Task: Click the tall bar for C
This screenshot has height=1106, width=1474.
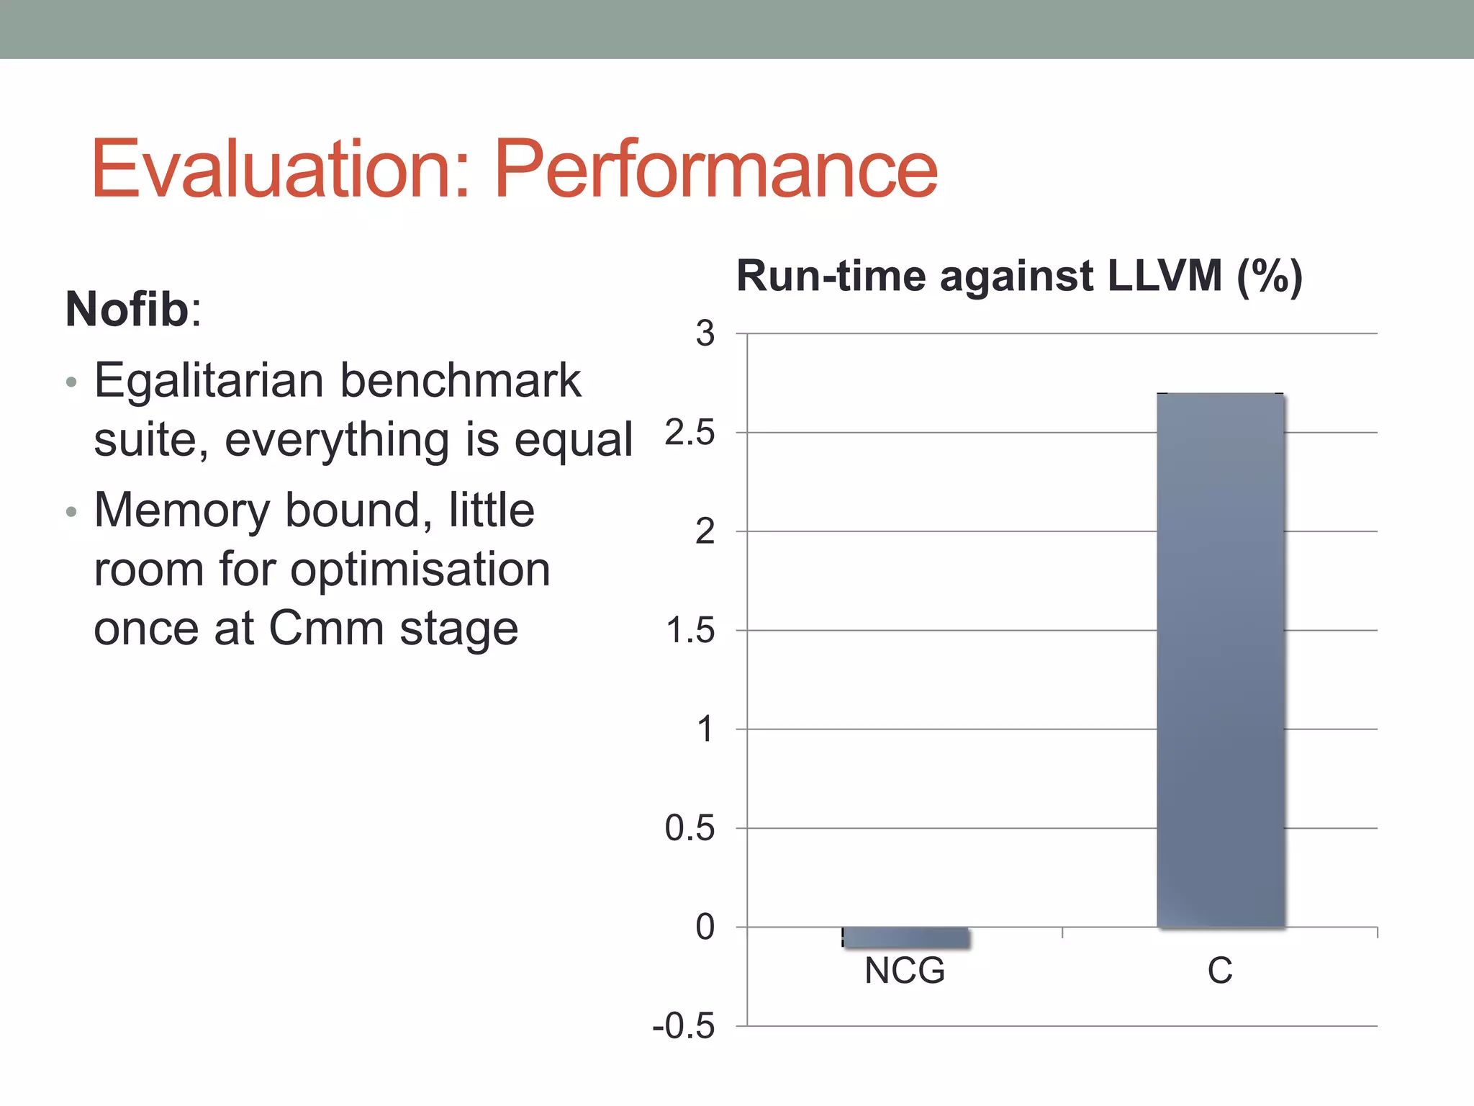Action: [1220, 660]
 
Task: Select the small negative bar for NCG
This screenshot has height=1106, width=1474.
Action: [905, 938]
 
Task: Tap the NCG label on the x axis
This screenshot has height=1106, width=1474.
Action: [905, 971]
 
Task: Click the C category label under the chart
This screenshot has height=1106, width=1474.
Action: [1220, 971]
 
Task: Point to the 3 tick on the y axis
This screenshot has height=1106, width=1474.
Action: [705, 333]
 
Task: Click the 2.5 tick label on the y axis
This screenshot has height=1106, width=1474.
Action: [689, 433]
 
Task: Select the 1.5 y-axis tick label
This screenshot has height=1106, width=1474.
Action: [689, 631]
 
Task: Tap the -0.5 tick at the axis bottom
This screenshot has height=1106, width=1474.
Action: [683, 1026]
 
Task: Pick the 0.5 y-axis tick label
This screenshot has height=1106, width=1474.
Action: [689, 828]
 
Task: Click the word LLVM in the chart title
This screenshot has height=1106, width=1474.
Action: [1164, 276]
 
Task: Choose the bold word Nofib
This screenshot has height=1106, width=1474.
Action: [127, 310]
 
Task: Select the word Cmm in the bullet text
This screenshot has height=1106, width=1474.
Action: [326, 628]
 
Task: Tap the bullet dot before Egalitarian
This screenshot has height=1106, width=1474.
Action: [71, 382]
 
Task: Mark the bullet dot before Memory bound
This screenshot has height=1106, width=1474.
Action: [71, 512]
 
